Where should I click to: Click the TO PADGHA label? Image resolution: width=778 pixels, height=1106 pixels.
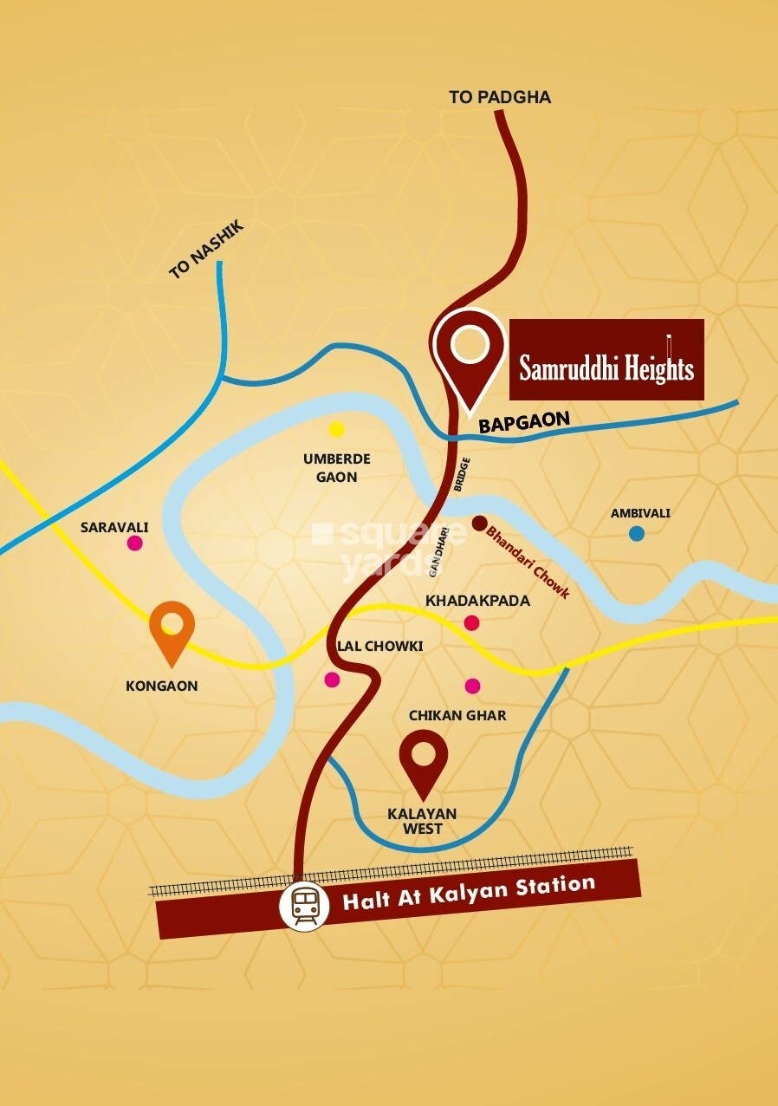[500, 97]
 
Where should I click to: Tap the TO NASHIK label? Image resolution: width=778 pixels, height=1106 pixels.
[207, 250]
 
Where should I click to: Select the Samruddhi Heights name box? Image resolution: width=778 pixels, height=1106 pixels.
[606, 361]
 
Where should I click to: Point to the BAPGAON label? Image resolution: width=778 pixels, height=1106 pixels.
[524, 422]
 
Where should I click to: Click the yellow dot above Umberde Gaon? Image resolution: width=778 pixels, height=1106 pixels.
[336, 429]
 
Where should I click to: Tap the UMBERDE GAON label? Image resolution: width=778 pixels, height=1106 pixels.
[336, 468]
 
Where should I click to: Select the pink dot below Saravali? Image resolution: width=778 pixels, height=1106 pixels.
[134, 543]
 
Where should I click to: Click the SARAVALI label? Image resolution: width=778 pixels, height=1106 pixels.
[114, 527]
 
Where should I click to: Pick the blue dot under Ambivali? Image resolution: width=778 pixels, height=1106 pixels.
[637, 534]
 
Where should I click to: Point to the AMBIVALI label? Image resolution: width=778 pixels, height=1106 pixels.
[640, 513]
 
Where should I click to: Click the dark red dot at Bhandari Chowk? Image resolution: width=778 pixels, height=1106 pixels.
[479, 523]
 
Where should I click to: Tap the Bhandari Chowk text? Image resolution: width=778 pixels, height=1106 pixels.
[528, 563]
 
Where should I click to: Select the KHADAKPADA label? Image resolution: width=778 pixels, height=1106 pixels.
[477, 601]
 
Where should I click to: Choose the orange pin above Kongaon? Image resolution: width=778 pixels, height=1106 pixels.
[172, 628]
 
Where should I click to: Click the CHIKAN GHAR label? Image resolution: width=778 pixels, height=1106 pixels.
[457, 716]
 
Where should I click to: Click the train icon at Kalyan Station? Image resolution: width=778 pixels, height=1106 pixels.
[304, 907]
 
